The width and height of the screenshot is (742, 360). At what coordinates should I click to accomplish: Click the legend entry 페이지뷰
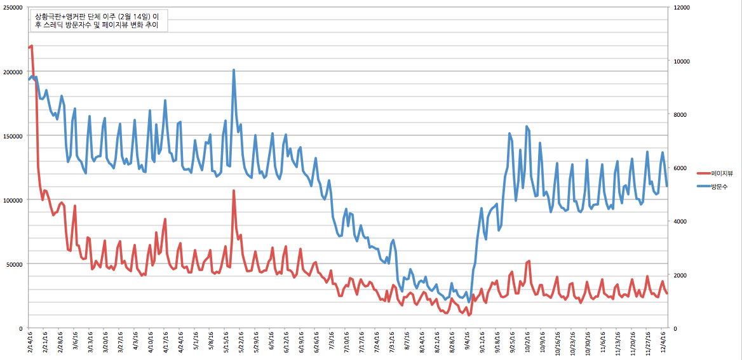tap(722, 173)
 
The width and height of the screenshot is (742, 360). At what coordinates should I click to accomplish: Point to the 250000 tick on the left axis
tap(13, 8)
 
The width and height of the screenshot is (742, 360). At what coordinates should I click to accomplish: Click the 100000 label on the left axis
tap(13, 200)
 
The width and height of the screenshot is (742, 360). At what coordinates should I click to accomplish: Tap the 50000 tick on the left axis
tap(15, 264)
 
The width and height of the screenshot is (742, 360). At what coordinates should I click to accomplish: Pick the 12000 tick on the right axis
tap(684, 8)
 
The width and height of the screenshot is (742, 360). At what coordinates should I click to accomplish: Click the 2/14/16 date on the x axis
tap(30, 343)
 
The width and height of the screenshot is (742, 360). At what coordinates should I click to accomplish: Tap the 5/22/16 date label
tap(241, 343)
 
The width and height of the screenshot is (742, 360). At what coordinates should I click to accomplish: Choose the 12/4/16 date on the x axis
tap(663, 343)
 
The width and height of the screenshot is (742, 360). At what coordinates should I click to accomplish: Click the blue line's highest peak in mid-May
tap(234, 70)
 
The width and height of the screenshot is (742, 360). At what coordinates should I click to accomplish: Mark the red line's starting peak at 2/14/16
tap(31, 46)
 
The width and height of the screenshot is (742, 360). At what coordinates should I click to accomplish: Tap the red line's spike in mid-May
tap(234, 190)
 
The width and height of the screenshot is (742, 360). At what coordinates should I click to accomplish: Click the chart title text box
tap(97, 20)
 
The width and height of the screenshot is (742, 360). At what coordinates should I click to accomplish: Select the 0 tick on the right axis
tap(676, 328)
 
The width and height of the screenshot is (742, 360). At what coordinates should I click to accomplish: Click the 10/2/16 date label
tap(527, 343)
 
